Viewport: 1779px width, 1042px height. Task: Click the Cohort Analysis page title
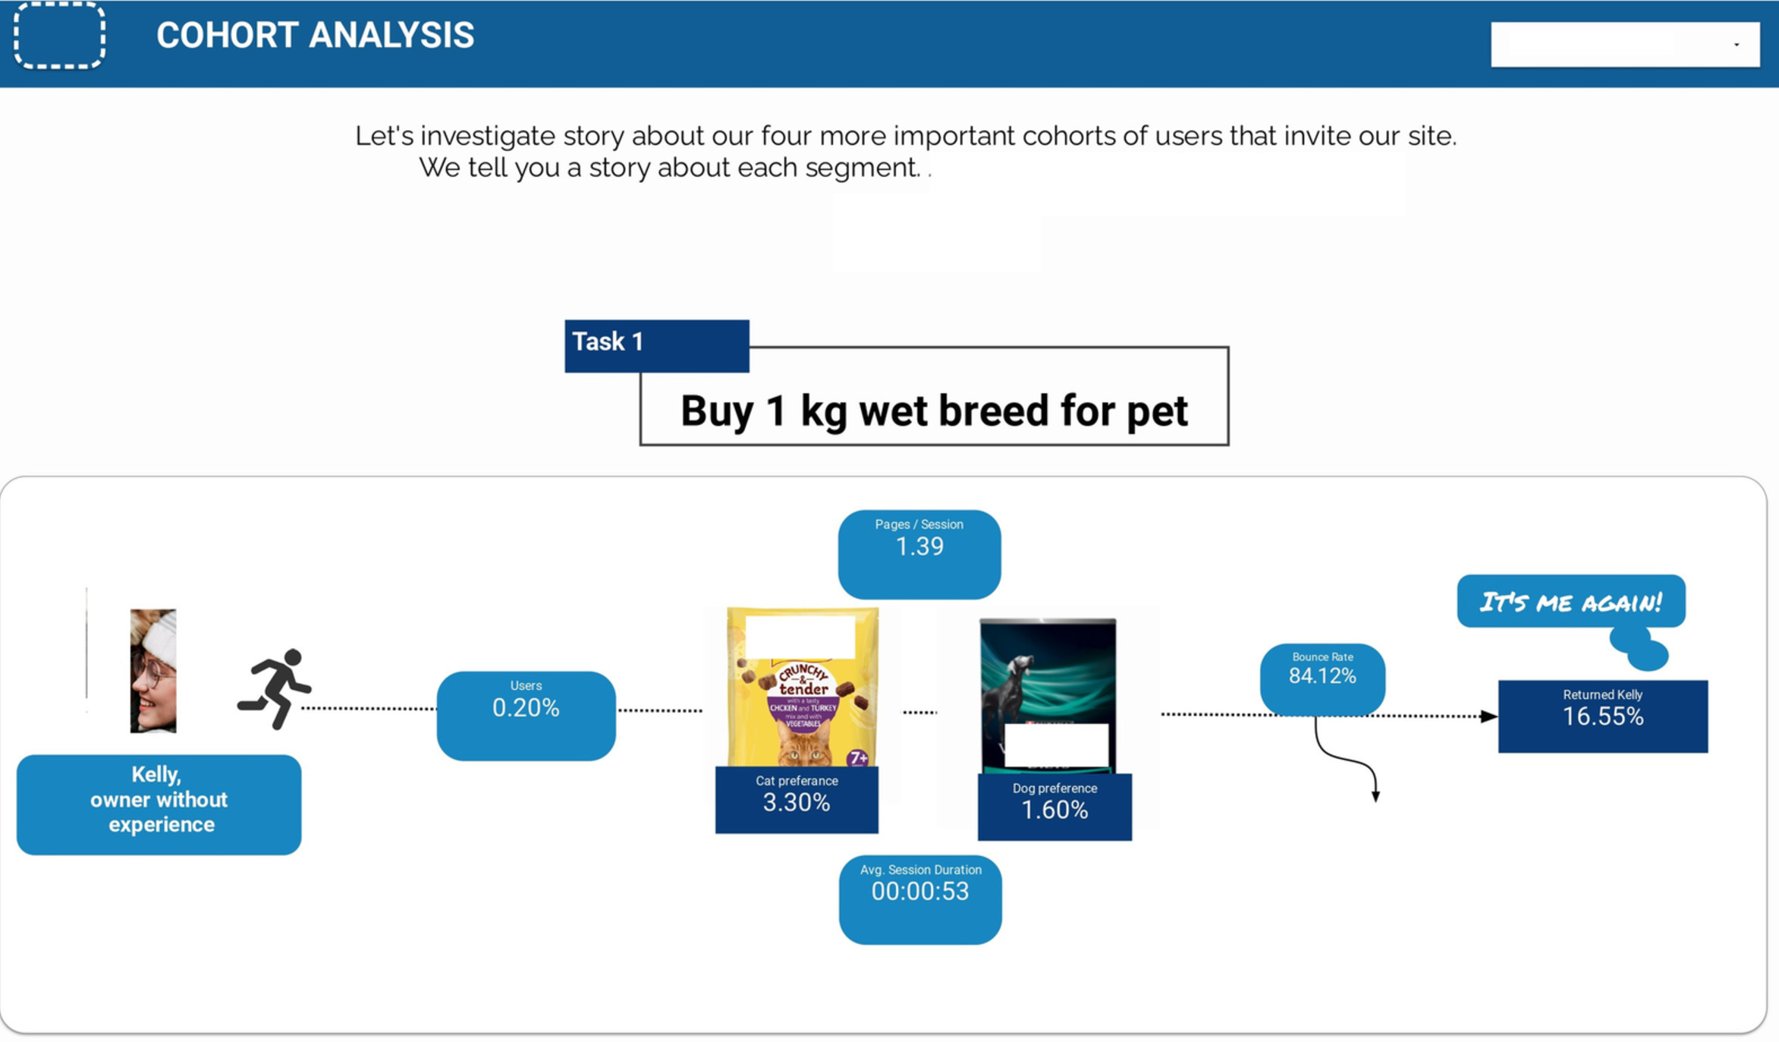pos(315,35)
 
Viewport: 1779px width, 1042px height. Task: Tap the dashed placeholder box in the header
pos(59,35)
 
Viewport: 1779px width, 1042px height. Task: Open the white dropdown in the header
pos(1625,45)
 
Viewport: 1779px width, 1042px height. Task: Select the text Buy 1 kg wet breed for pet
pos(934,411)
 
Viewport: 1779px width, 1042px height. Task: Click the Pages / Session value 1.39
pos(919,546)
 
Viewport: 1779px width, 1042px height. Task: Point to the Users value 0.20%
pos(526,708)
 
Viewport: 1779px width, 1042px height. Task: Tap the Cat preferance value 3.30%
pos(797,802)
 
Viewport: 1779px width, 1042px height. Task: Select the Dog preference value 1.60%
pos(1055,810)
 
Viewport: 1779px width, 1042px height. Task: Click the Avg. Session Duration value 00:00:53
pos(920,891)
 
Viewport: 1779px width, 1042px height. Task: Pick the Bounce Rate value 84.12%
pos(1322,675)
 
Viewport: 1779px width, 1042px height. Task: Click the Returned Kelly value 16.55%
pos(1603,716)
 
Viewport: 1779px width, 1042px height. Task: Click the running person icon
pos(275,688)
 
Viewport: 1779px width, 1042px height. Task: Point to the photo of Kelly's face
pos(153,671)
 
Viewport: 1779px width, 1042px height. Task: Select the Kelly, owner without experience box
pos(159,804)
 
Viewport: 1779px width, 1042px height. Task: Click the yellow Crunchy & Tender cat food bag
pos(803,687)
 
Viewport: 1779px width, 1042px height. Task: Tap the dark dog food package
pos(1048,696)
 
